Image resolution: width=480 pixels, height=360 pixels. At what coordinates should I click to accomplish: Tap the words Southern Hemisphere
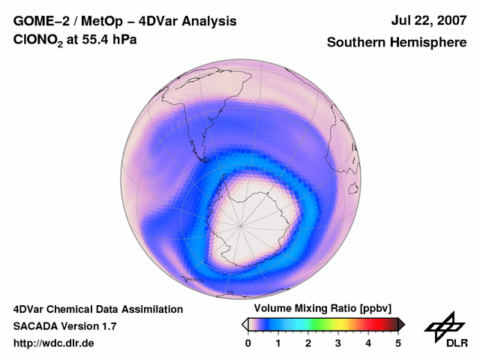[397, 43]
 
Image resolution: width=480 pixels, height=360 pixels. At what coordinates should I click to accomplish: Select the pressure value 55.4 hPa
[106, 42]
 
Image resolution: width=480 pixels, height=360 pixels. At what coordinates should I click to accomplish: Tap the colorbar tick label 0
[248, 343]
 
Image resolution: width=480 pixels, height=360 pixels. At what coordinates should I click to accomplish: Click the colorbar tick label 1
[278, 343]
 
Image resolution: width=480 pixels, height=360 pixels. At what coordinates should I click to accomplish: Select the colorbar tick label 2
[308, 343]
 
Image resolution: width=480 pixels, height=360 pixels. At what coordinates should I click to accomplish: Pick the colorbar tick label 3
[338, 343]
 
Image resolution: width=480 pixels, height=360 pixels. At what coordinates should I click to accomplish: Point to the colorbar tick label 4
[368, 343]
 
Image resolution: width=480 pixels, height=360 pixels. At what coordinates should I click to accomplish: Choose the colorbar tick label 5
[398, 343]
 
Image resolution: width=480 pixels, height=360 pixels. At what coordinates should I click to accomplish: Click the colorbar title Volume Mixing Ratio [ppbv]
[322, 308]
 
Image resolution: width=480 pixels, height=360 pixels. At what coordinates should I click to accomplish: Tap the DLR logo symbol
[446, 327]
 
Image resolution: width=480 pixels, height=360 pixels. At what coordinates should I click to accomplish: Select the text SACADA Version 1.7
[64, 326]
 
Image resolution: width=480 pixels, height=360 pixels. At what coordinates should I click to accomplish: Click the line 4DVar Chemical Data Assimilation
[97, 309]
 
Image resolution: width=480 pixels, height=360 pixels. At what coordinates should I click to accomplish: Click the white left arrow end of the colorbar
[244, 324]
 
